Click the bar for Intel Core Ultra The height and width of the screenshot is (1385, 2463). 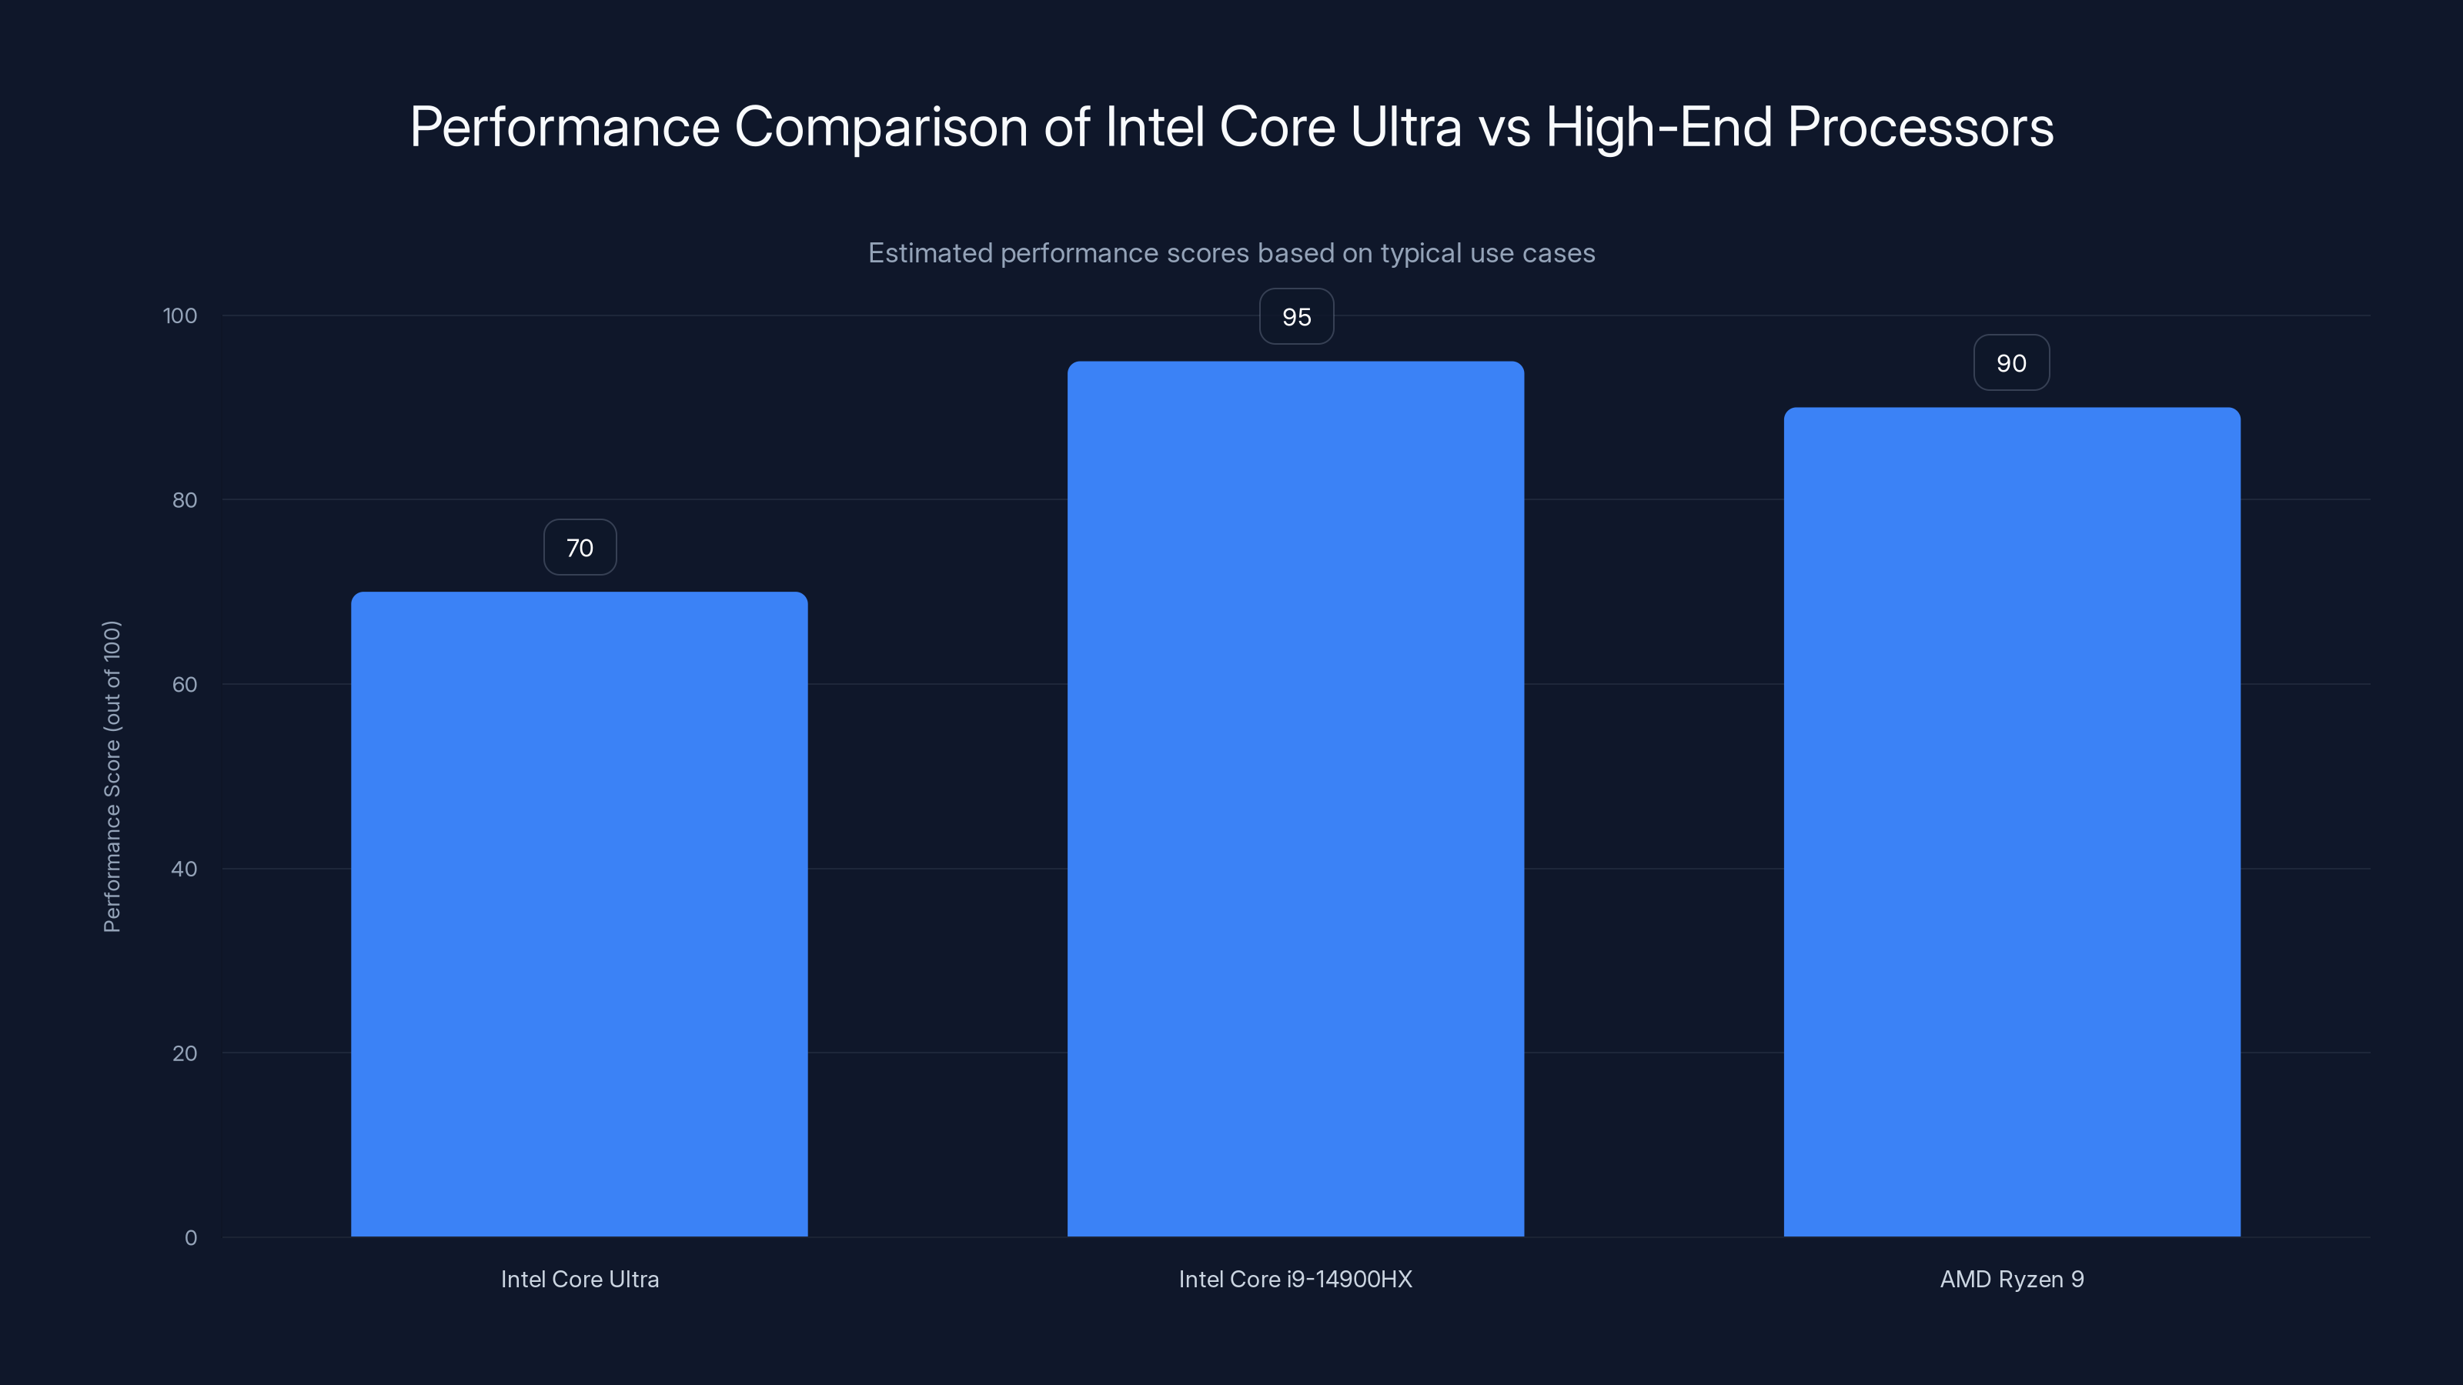[x=580, y=914]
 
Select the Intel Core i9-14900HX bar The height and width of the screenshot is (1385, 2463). [x=1295, y=799]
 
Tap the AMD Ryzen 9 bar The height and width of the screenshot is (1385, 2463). [x=2012, y=822]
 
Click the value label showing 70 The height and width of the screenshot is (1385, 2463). [x=580, y=548]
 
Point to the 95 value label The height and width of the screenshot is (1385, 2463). [x=1295, y=316]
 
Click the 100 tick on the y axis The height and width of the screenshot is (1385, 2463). [x=180, y=315]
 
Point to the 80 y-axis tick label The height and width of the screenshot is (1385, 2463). [x=185, y=500]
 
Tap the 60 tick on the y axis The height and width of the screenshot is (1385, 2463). [x=185, y=684]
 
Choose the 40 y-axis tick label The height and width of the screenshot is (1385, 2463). [x=185, y=869]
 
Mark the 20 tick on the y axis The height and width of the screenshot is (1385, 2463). [x=185, y=1053]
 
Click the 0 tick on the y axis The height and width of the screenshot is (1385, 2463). [x=190, y=1238]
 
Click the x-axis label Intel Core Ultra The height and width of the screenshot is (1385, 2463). [x=580, y=1279]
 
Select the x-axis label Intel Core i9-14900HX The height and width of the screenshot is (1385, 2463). [x=1295, y=1279]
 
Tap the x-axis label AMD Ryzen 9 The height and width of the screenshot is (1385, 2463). [x=2012, y=1279]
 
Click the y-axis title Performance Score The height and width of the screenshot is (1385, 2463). [x=112, y=776]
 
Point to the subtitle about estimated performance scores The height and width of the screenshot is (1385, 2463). [x=1231, y=253]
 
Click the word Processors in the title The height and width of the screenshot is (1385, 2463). [x=1920, y=126]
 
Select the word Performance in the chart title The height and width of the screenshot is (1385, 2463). [x=564, y=126]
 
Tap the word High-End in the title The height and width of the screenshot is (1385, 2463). [x=1658, y=126]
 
